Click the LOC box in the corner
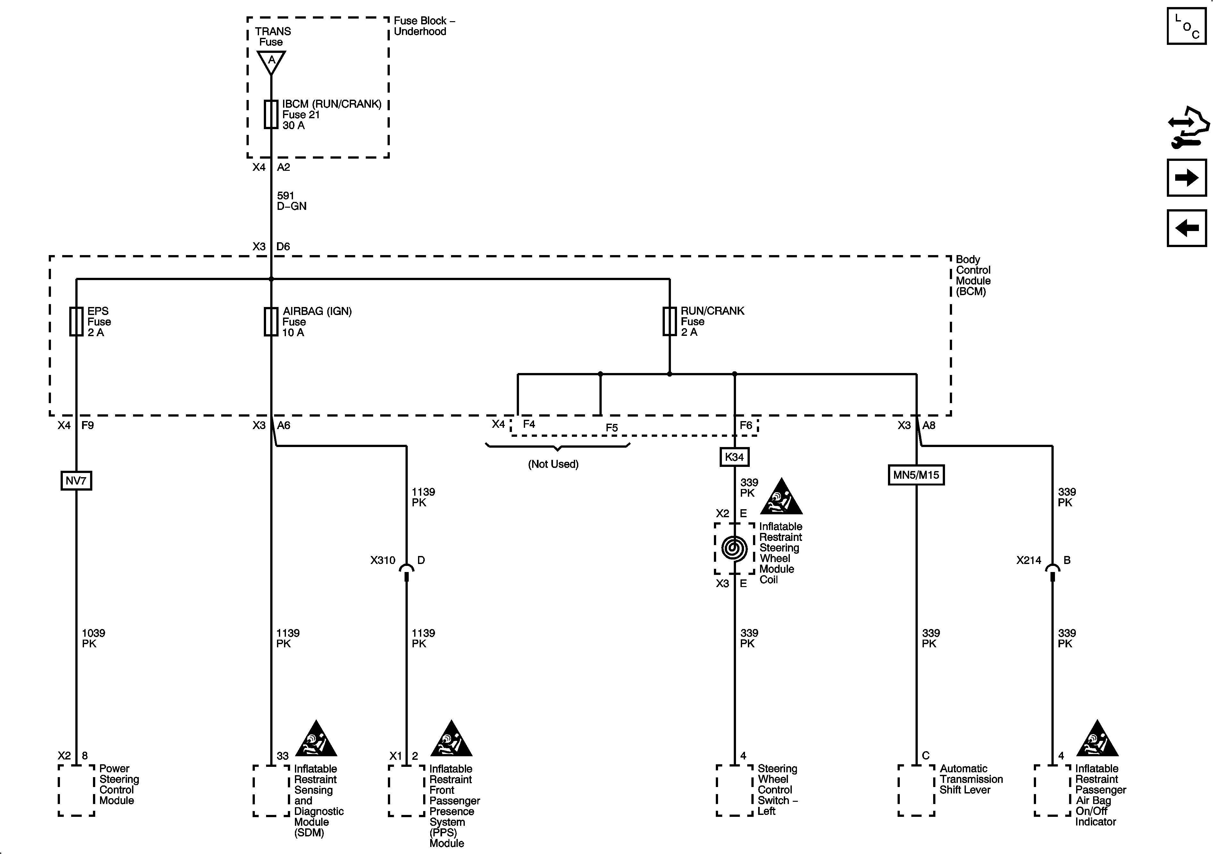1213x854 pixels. point(1187,26)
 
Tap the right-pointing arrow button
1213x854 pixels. point(1187,178)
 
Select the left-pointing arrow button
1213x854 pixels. point(1187,228)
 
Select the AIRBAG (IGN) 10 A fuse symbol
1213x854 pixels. point(271,322)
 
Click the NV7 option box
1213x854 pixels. point(76,481)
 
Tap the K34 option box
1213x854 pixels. point(734,457)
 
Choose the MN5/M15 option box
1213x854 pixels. point(916,475)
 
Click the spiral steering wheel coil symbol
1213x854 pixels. point(734,548)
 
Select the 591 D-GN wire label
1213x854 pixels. point(291,201)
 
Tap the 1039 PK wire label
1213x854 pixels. point(93,638)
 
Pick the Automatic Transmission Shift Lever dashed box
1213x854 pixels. point(916,791)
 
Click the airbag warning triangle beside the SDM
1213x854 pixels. point(316,739)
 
